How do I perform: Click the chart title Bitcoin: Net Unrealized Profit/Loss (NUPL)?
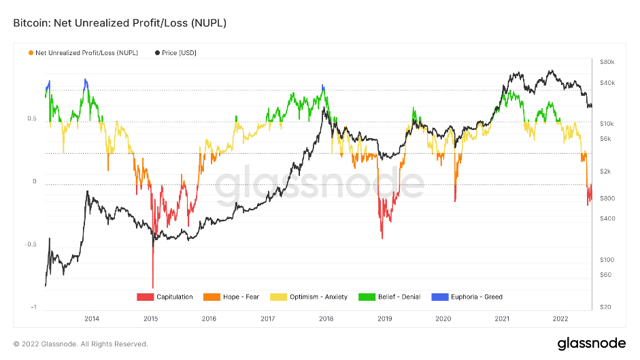[120, 23]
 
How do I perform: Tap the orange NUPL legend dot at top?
[31, 53]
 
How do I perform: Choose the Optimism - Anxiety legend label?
[318, 297]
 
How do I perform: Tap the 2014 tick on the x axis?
[92, 318]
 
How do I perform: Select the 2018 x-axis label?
[326, 318]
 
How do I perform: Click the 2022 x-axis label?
[560, 318]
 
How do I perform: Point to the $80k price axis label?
[607, 62]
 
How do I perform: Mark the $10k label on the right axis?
[607, 124]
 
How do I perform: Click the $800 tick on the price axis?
[607, 198]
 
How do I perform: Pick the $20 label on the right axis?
[605, 308]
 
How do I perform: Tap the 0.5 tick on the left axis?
[32, 118]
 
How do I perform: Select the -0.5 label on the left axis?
[31, 244]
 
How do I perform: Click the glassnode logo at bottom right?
[587, 343]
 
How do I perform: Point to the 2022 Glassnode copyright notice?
[80, 344]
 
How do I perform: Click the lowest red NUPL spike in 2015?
[153, 287]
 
